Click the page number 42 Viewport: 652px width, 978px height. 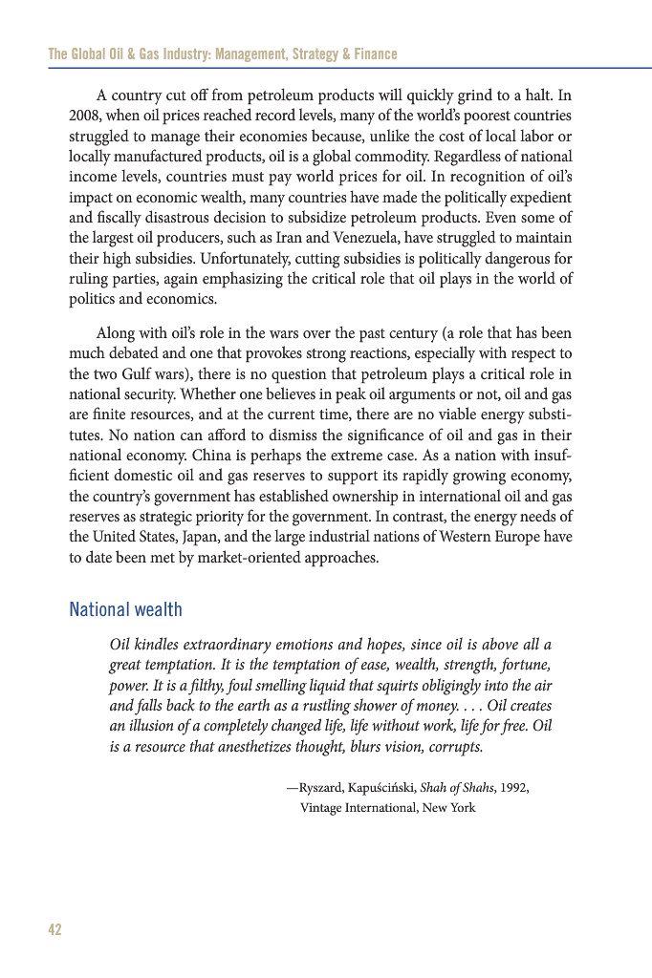tap(54, 930)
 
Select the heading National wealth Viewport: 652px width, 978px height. tap(125, 609)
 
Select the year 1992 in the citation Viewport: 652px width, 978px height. tap(512, 788)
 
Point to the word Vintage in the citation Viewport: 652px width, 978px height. tap(322, 808)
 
